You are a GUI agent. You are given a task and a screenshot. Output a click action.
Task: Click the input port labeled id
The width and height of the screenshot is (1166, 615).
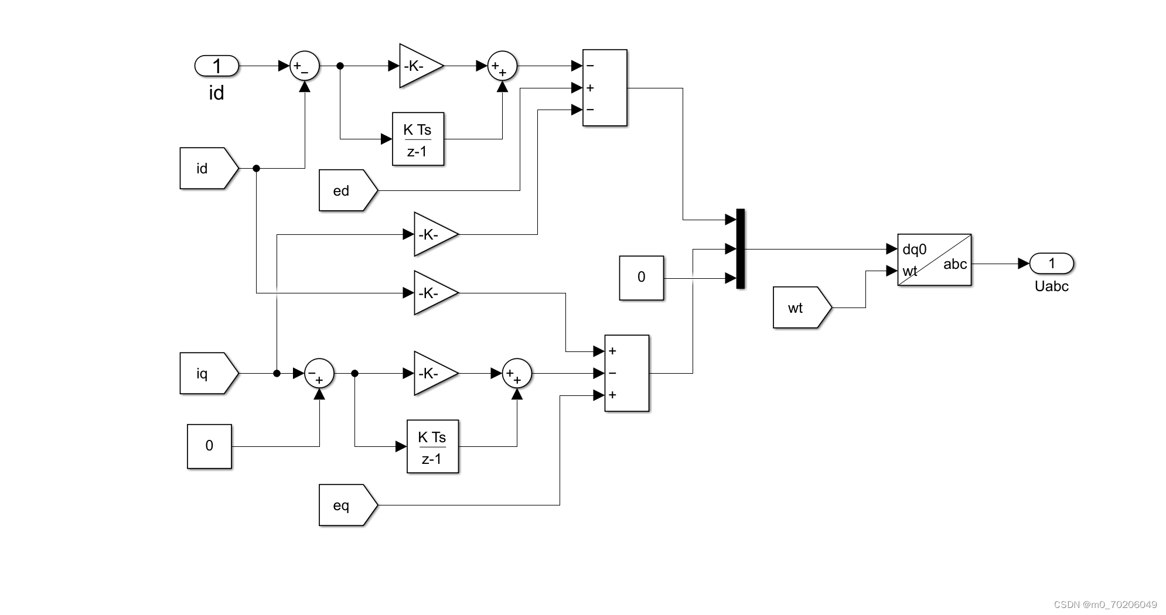point(217,66)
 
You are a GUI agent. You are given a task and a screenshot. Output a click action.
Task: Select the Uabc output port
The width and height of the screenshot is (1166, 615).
point(1052,264)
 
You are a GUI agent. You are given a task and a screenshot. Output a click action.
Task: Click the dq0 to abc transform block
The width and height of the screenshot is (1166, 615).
point(934,260)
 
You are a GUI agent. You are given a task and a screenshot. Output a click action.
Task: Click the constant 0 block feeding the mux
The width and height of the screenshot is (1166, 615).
point(641,278)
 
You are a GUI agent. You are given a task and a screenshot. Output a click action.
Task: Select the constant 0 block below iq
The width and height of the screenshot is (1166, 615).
point(209,446)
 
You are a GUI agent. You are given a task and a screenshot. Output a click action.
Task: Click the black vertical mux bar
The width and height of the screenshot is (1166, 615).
point(740,249)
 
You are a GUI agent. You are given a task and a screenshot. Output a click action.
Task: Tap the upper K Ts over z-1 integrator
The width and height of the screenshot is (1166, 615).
point(418,139)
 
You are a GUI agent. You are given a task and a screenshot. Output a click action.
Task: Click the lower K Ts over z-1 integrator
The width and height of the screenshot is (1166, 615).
point(432,446)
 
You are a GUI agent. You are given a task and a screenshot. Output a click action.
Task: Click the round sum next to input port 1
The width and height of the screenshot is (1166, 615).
point(305,66)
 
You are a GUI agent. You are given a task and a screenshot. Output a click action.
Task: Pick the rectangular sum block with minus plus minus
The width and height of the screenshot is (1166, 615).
point(605,88)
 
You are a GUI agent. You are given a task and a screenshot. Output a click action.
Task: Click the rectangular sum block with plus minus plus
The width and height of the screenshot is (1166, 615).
point(626,373)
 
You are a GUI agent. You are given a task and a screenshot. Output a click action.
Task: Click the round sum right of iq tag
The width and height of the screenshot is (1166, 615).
point(319,373)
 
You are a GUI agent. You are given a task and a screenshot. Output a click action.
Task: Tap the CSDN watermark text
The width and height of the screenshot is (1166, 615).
point(1104,604)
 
